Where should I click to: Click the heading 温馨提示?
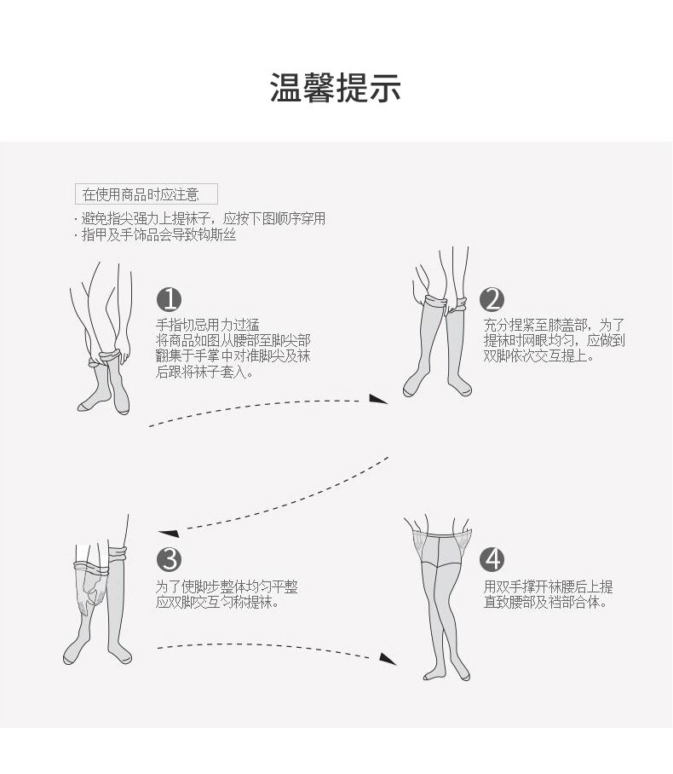tap(336, 88)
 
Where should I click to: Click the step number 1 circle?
tap(170, 299)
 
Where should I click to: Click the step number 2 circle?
tap(492, 299)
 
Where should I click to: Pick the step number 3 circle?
tap(170, 559)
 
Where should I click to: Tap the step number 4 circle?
tap(492, 559)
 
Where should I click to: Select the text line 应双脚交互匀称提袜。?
tap(217, 603)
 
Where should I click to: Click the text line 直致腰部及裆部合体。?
tap(545, 603)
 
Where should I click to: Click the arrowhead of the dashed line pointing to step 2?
tap(378, 398)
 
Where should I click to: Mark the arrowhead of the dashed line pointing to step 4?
tap(388, 658)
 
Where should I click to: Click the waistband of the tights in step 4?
tap(441, 529)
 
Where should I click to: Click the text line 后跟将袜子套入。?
tap(204, 372)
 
